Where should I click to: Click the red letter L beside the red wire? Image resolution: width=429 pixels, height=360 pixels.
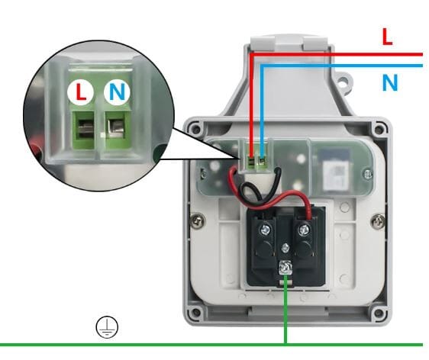click(x=387, y=37)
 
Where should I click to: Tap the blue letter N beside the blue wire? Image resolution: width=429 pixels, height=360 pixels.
click(x=390, y=82)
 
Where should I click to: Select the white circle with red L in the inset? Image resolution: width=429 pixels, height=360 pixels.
click(x=81, y=92)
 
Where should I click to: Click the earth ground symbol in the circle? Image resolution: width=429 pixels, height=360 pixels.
click(x=107, y=327)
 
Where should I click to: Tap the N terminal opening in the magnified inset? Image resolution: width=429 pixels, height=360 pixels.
click(x=116, y=127)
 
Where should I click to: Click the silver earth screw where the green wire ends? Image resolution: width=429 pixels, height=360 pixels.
click(x=285, y=268)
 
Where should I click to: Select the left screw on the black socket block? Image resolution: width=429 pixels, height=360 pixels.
click(x=265, y=229)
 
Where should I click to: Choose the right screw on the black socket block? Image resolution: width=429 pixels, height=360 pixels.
click(x=303, y=229)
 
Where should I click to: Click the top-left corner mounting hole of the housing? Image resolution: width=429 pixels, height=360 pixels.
click(x=195, y=128)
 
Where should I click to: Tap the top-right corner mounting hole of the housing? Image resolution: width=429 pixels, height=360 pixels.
click(x=379, y=129)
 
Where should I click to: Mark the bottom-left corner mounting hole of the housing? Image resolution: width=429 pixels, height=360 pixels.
click(x=195, y=312)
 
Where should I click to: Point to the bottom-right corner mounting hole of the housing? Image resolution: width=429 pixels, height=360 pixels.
click(x=379, y=313)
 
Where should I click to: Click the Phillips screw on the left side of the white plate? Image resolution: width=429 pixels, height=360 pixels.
click(x=198, y=220)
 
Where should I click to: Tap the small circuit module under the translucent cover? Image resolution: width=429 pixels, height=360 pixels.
click(x=335, y=169)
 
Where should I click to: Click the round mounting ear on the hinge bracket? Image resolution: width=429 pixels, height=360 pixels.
click(x=343, y=82)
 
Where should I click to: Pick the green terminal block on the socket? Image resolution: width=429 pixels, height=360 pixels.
click(x=256, y=163)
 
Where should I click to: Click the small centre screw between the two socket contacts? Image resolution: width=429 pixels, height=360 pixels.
click(x=285, y=248)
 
